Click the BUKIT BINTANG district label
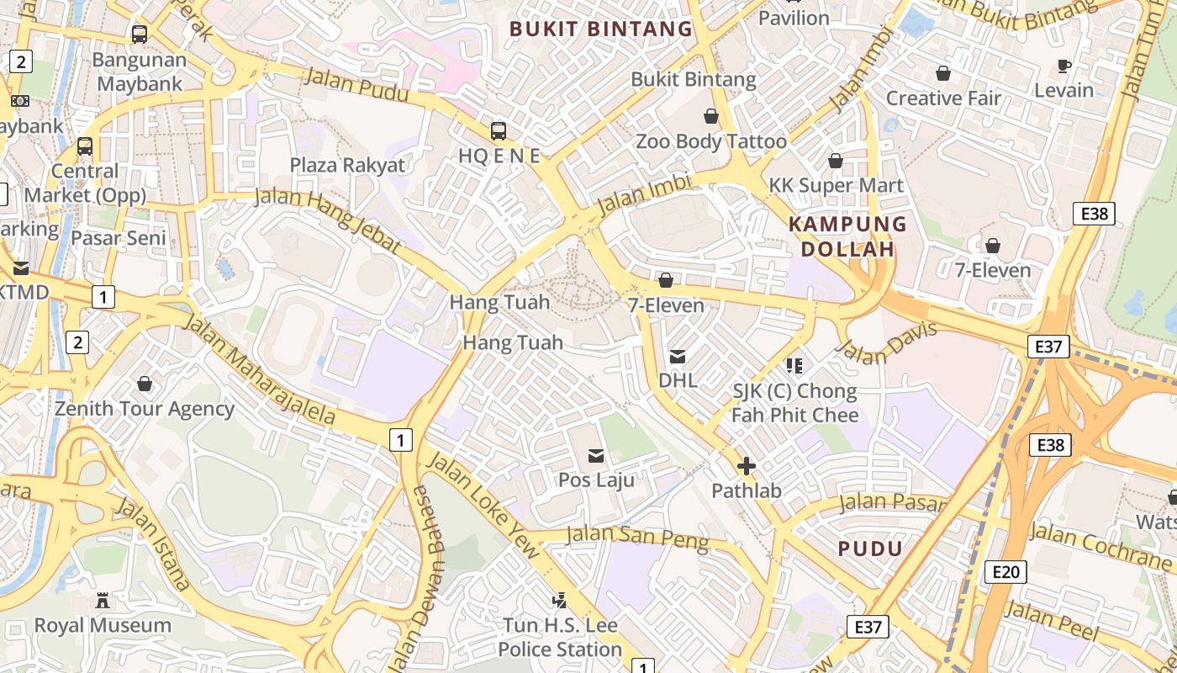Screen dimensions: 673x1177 601,29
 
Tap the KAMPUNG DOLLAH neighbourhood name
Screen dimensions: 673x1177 847,236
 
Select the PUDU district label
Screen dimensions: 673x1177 870,549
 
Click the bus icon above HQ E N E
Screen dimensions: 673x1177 499,130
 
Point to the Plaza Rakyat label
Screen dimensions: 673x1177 347,165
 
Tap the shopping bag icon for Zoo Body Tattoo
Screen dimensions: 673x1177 711,116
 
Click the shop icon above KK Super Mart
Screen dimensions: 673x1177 836,161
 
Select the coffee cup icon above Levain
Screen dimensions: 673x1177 1064,66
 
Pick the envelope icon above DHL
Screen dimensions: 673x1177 678,356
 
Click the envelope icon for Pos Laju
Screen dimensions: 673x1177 596,456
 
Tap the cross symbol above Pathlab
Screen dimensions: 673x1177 746,466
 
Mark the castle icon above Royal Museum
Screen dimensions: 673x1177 103,601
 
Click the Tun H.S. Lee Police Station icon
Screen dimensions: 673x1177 559,601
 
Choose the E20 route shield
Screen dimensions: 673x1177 1005,572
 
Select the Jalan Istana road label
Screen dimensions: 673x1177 152,543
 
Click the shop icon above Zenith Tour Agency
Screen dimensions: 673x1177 145,384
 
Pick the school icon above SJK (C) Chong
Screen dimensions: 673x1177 794,365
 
